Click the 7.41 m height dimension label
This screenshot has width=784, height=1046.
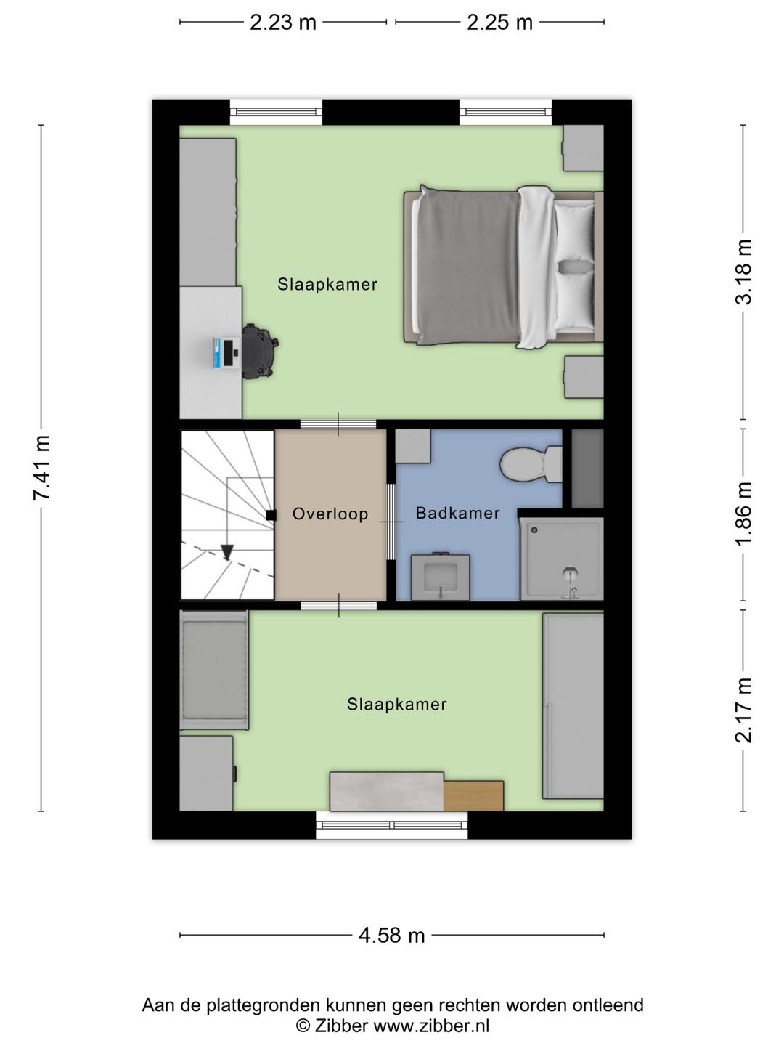pos(41,468)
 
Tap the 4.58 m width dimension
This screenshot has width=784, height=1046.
pos(391,936)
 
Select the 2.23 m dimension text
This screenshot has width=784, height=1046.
pos(283,23)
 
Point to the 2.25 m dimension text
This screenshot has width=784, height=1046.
pos(499,23)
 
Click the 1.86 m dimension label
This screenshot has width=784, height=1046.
pos(743,514)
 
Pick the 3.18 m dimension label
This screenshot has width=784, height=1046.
pos(743,272)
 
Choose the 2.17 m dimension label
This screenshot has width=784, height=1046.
pos(743,710)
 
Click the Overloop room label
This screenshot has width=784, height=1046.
pos(330,514)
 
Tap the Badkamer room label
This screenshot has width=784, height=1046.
pos(457,513)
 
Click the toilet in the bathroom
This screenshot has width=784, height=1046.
pos(531,464)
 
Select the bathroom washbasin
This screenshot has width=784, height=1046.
pos(441,577)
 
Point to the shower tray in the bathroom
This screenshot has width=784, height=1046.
pos(562,559)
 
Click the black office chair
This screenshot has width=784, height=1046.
pos(259,351)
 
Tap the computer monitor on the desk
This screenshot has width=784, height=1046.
pos(226,353)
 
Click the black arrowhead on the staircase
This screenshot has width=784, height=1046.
pos(227,552)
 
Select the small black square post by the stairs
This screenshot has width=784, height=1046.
pos(271,515)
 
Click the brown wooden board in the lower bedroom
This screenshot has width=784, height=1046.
pos(473,795)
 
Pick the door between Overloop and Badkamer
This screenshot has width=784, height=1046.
pos(391,522)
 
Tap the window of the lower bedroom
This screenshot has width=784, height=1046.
pos(391,825)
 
